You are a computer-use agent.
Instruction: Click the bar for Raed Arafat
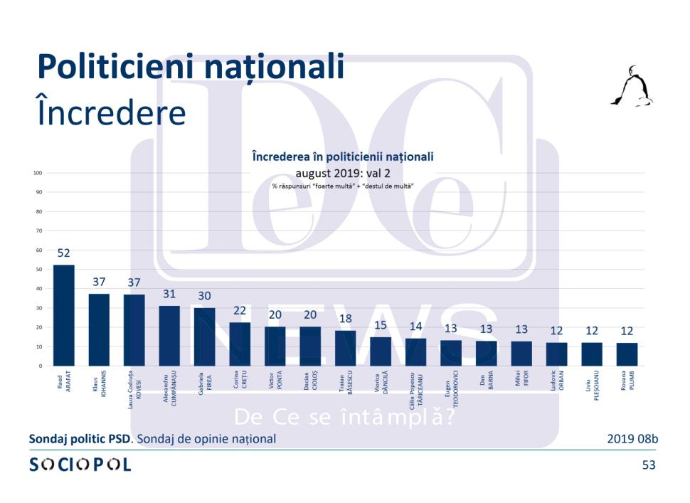64,315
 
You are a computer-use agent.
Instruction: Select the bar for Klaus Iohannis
99,329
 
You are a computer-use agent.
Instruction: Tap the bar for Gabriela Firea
204,337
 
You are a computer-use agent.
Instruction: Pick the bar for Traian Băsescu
345,348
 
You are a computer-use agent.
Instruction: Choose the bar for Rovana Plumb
627,354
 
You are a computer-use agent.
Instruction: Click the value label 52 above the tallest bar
64,253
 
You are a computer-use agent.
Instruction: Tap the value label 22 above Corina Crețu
240,312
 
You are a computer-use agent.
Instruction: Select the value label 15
381,325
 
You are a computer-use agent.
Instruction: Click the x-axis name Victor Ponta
275,383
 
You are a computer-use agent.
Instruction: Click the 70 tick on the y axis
40,231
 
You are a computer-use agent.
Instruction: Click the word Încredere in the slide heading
111,113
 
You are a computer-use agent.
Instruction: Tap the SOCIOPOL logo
80,465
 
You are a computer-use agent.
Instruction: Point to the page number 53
649,465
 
